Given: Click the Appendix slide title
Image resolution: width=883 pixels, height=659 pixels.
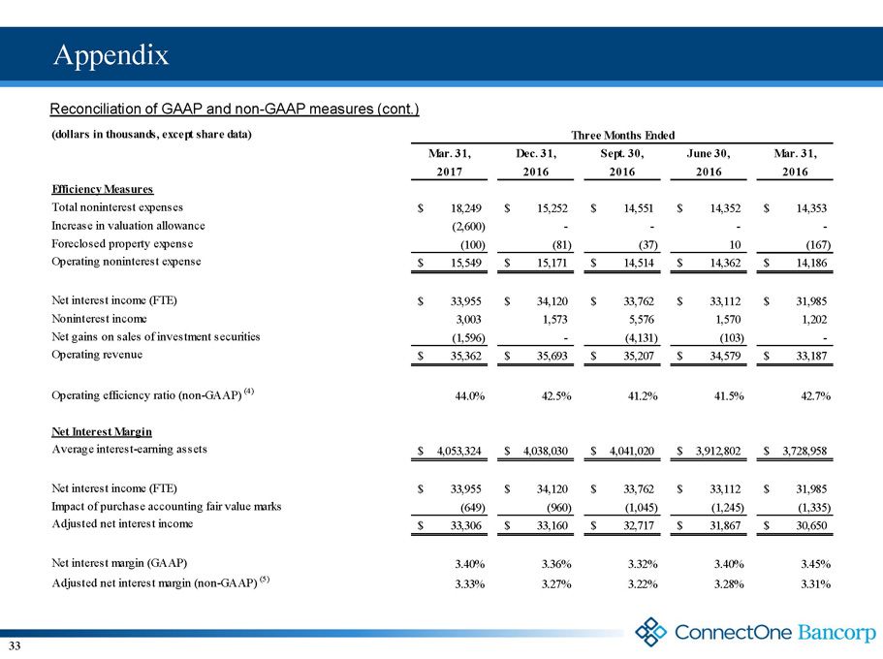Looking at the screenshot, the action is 110,55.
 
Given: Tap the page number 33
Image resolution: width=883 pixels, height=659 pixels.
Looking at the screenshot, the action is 15,645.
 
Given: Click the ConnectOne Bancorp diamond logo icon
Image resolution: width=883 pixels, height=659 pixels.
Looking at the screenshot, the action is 651,632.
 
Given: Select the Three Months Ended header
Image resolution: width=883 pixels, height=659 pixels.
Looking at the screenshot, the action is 622,135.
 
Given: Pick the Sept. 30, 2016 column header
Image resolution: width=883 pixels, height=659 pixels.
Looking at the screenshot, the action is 622,162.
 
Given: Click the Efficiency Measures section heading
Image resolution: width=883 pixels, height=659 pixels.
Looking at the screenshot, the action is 103,189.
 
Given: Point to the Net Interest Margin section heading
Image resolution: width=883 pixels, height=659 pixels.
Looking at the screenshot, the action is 102,431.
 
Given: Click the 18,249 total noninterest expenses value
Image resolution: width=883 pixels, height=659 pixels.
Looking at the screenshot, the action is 465,208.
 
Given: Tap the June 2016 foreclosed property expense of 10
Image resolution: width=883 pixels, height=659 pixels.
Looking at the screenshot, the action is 735,244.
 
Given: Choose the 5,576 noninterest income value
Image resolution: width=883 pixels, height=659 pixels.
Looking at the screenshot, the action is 641,320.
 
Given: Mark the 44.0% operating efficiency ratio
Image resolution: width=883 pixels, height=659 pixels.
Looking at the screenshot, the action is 470,396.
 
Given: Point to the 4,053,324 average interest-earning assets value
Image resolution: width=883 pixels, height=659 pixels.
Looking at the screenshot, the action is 459,451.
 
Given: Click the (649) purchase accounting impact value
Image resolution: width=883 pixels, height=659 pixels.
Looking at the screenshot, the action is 473,508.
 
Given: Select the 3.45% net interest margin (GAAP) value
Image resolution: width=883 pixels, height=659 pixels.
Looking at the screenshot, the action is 815,564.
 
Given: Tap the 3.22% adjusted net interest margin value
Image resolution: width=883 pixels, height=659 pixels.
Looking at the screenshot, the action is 643,584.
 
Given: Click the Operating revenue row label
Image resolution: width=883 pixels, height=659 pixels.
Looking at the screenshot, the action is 97,355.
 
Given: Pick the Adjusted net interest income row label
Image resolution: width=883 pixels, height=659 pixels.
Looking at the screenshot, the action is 122,524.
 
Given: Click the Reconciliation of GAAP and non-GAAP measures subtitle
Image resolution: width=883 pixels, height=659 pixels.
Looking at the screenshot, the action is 235,109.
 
